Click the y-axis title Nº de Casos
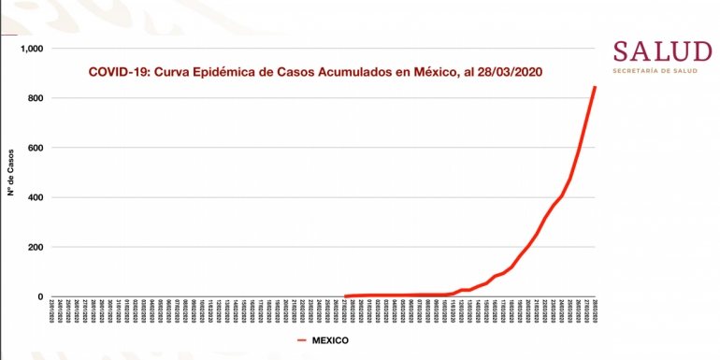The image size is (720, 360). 12,173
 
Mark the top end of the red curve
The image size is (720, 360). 596,88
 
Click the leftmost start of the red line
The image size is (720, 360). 345,296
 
